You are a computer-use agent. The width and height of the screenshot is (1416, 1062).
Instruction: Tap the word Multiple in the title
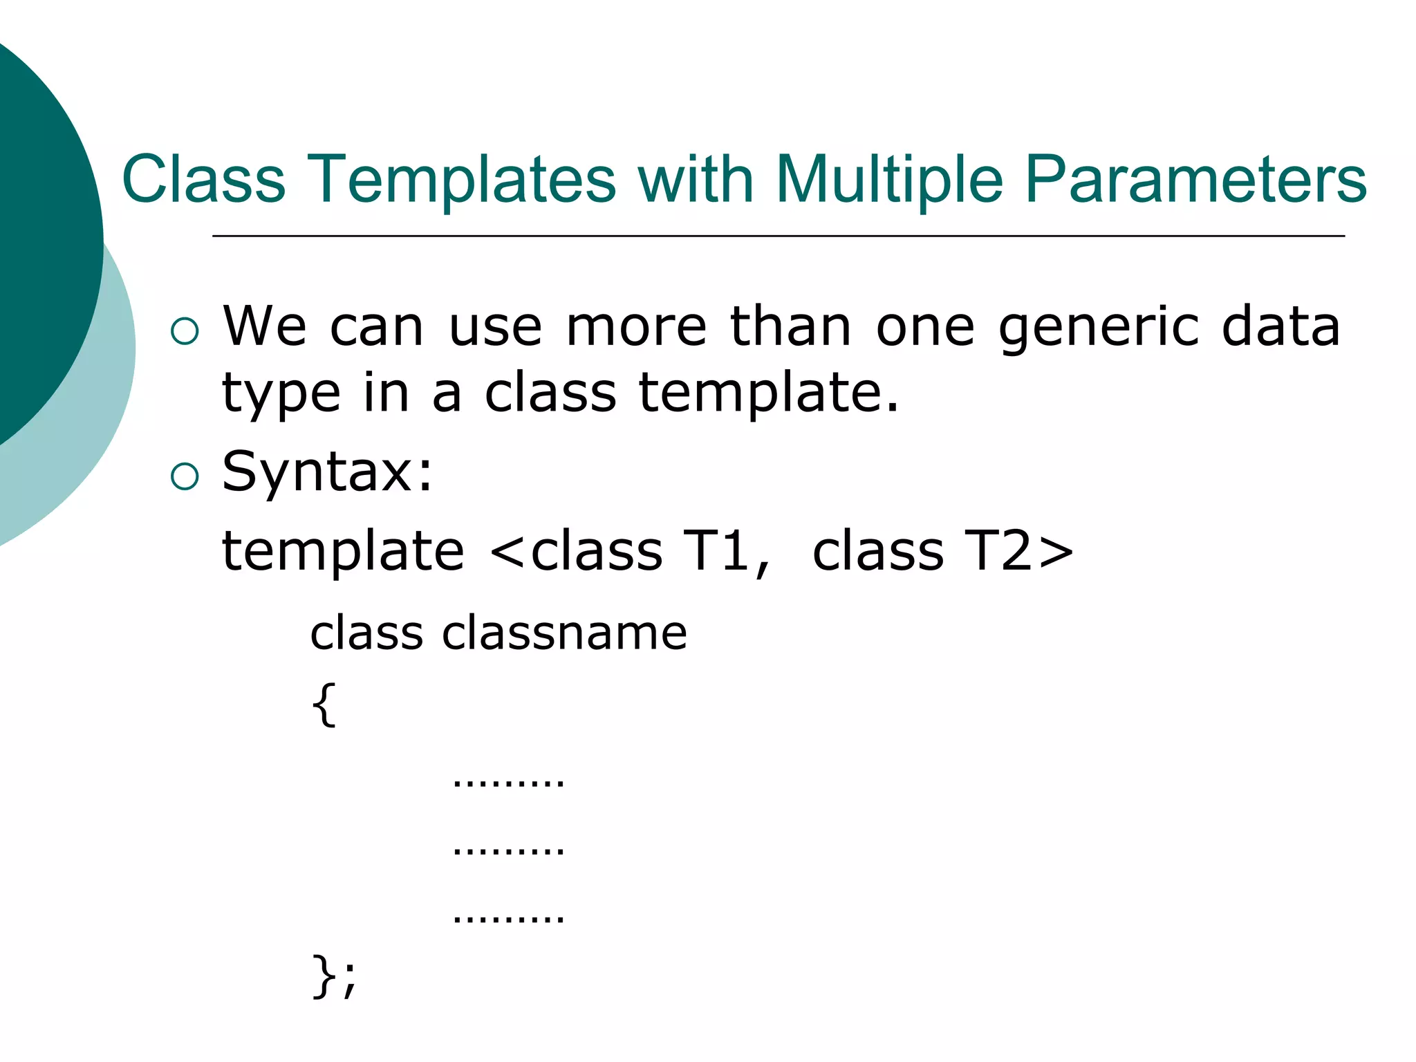coord(889,180)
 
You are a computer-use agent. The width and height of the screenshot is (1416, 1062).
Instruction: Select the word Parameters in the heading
coord(1195,180)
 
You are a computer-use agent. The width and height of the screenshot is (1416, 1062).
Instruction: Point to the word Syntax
coord(327,472)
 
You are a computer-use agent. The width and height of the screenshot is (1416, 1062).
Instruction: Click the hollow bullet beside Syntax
coord(185,476)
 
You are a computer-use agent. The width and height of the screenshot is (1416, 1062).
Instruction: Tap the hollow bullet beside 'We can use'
coord(185,331)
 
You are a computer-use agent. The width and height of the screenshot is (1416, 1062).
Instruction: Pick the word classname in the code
coord(564,633)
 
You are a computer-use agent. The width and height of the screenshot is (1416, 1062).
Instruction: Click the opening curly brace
coord(324,705)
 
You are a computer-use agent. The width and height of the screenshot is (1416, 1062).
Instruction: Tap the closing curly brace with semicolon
coord(335,976)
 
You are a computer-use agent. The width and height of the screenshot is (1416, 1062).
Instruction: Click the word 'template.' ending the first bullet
coord(767,393)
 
